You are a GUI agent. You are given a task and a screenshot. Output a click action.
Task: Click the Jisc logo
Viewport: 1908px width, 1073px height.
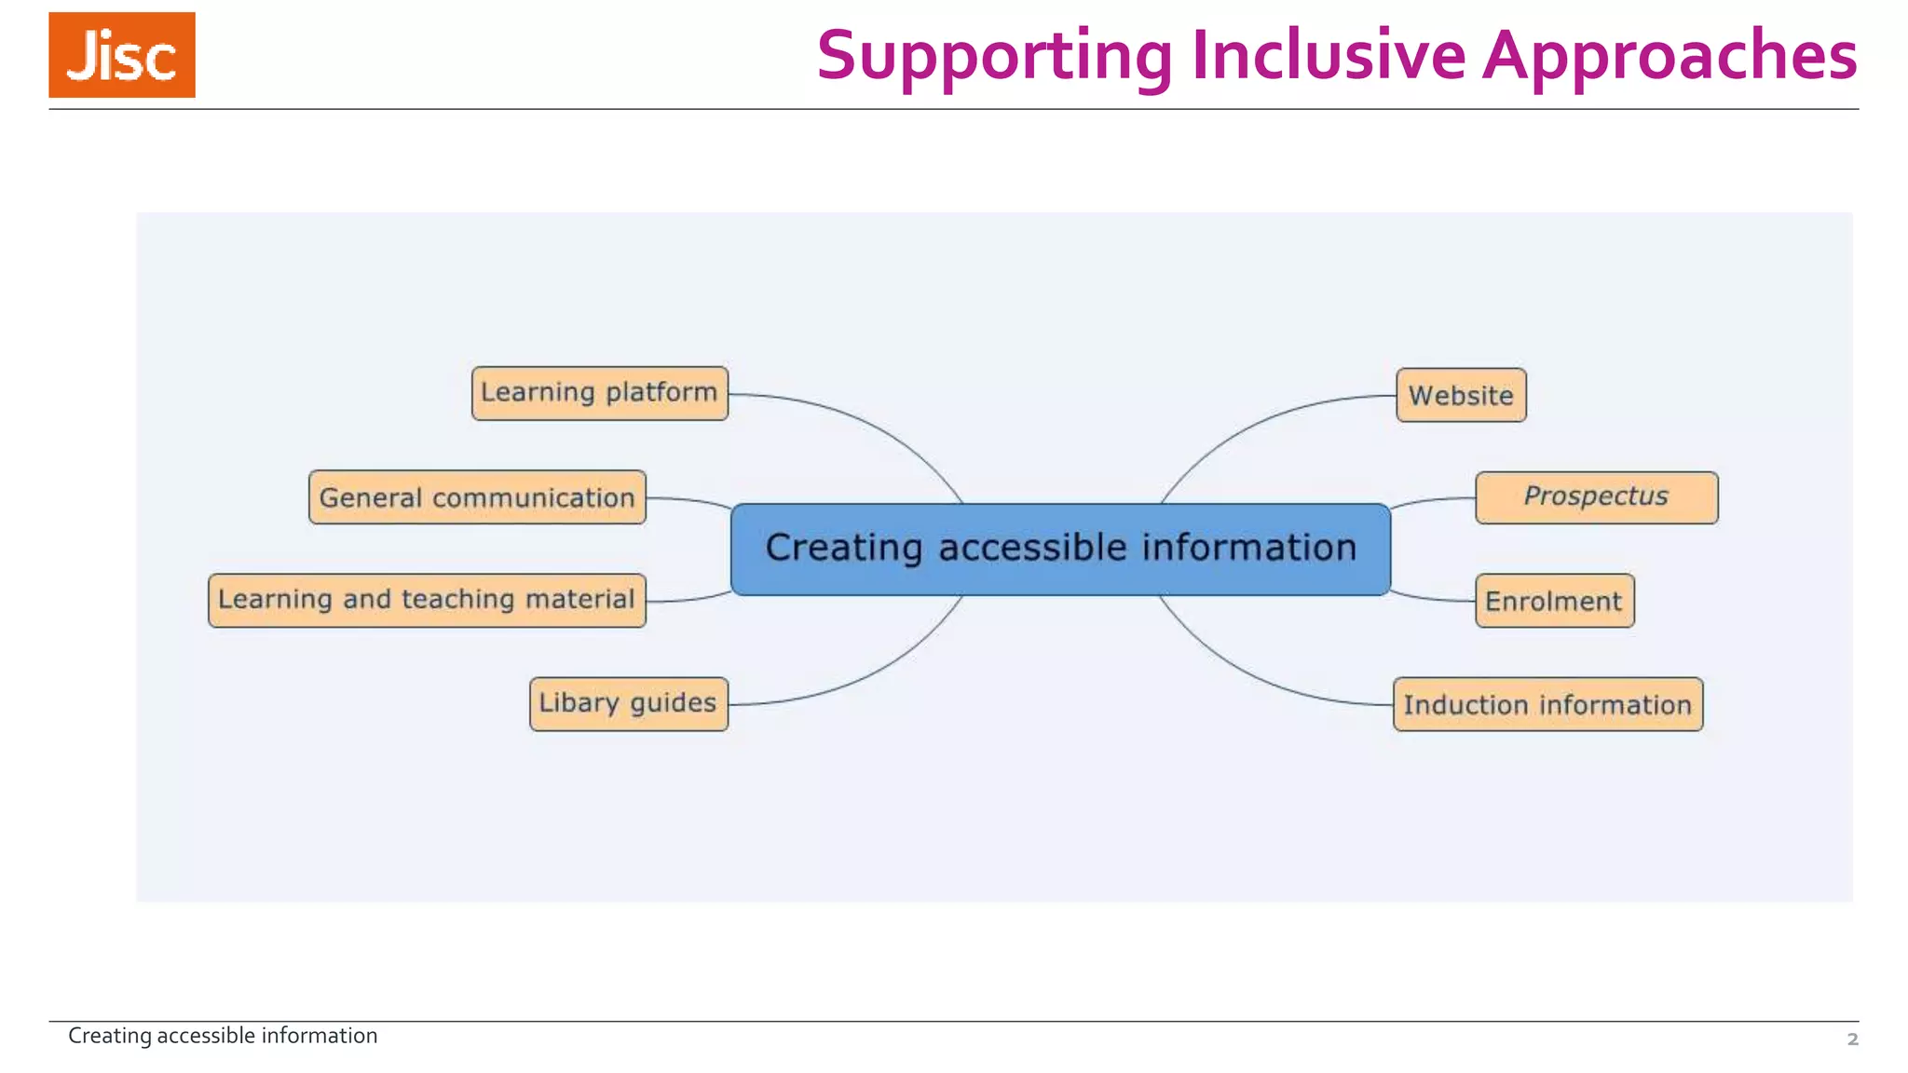click(122, 55)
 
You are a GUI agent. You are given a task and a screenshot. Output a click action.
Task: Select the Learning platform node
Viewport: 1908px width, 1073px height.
click(600, 393)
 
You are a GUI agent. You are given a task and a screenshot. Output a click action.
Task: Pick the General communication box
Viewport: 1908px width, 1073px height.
click(477, 497)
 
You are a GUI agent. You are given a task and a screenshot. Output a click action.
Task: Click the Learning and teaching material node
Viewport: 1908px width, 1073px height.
click(427, 600)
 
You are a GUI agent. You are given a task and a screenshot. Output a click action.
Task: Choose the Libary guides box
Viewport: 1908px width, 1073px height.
click(629, 703)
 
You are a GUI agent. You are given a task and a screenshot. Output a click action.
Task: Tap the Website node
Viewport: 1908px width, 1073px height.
click(1461, 395)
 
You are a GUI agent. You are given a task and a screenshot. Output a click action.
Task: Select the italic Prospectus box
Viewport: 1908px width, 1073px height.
click(1596, 497)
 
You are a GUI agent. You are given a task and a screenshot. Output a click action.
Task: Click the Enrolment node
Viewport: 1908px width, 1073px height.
click(1554, 601)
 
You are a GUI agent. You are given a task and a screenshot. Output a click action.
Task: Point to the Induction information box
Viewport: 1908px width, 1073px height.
click(1547, 704)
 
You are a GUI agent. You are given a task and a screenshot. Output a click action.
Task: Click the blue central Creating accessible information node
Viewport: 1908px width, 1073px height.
click(1060, 549)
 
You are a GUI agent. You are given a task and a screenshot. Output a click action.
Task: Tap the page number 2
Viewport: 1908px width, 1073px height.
click(1852, 1039)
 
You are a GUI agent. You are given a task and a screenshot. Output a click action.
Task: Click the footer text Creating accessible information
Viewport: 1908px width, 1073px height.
click(223, 1036)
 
